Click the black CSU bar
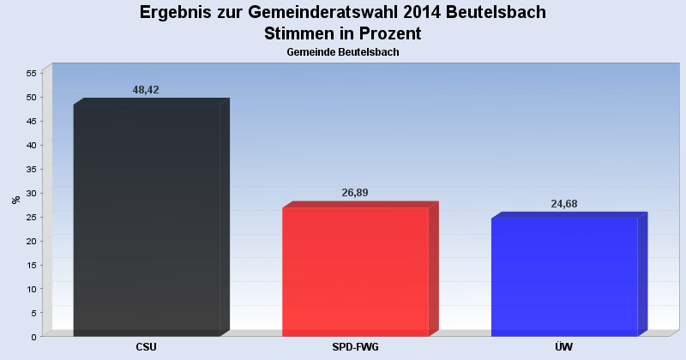(152, 218)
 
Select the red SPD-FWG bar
(360, 269)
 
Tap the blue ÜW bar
(569, 274)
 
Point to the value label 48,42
(146, 90)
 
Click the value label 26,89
(355, 193)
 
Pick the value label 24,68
(564, 204)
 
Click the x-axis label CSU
(146, 347)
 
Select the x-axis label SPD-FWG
(355, 347)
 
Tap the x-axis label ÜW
(564, 347)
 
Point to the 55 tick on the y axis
(31, 73)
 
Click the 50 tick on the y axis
(31, 97)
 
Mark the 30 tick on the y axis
(31, 193)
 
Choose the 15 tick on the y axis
(31, 265)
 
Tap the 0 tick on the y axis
(33, 337)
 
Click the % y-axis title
(16, 200)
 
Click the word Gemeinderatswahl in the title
(323, 12)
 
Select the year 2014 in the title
(422, 12)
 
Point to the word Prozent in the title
(390, 33)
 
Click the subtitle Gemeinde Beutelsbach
(343, 52)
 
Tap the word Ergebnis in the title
(176, 13)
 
